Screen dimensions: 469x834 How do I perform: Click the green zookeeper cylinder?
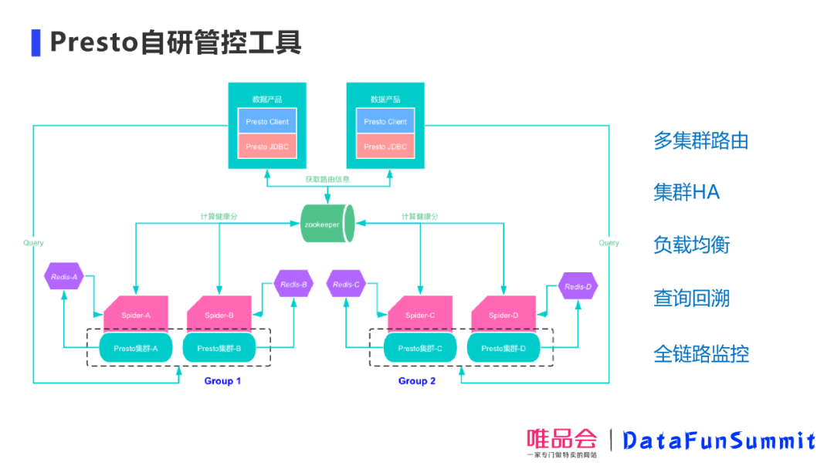click(x=327, y=224)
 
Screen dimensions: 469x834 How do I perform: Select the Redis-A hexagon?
click(x=64, y=276)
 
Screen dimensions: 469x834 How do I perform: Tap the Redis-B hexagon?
click(x=294, y=284)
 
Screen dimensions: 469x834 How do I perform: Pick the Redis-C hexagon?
click(x=346, y=284)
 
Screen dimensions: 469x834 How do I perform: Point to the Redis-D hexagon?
click(x=578, y=286)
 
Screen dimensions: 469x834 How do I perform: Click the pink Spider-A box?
click(x=136, y=314)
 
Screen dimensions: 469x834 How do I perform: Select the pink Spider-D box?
click(x=503, y=314)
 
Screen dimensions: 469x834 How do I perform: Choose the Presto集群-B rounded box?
click(x=219, y=349)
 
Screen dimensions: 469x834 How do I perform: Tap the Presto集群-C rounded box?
click(x=420, y=349)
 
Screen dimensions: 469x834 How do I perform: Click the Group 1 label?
click(x=222, y=381)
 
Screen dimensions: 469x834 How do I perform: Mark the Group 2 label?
click(x=417, y=381)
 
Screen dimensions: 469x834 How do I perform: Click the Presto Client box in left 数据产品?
click(x=267, y=121)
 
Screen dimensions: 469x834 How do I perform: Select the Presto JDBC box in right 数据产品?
click(x=385, y=147)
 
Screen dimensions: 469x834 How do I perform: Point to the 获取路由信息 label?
click(x=327, y=179)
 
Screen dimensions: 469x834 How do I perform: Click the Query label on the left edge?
click(x=33, y=243)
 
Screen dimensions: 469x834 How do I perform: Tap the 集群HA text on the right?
click(x=686, y=193)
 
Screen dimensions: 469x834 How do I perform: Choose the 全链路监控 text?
click(x=700, y=354)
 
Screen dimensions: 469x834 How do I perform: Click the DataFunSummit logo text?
click(x=718, y=440)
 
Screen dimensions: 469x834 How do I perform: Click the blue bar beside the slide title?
click(x=36, y=42)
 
